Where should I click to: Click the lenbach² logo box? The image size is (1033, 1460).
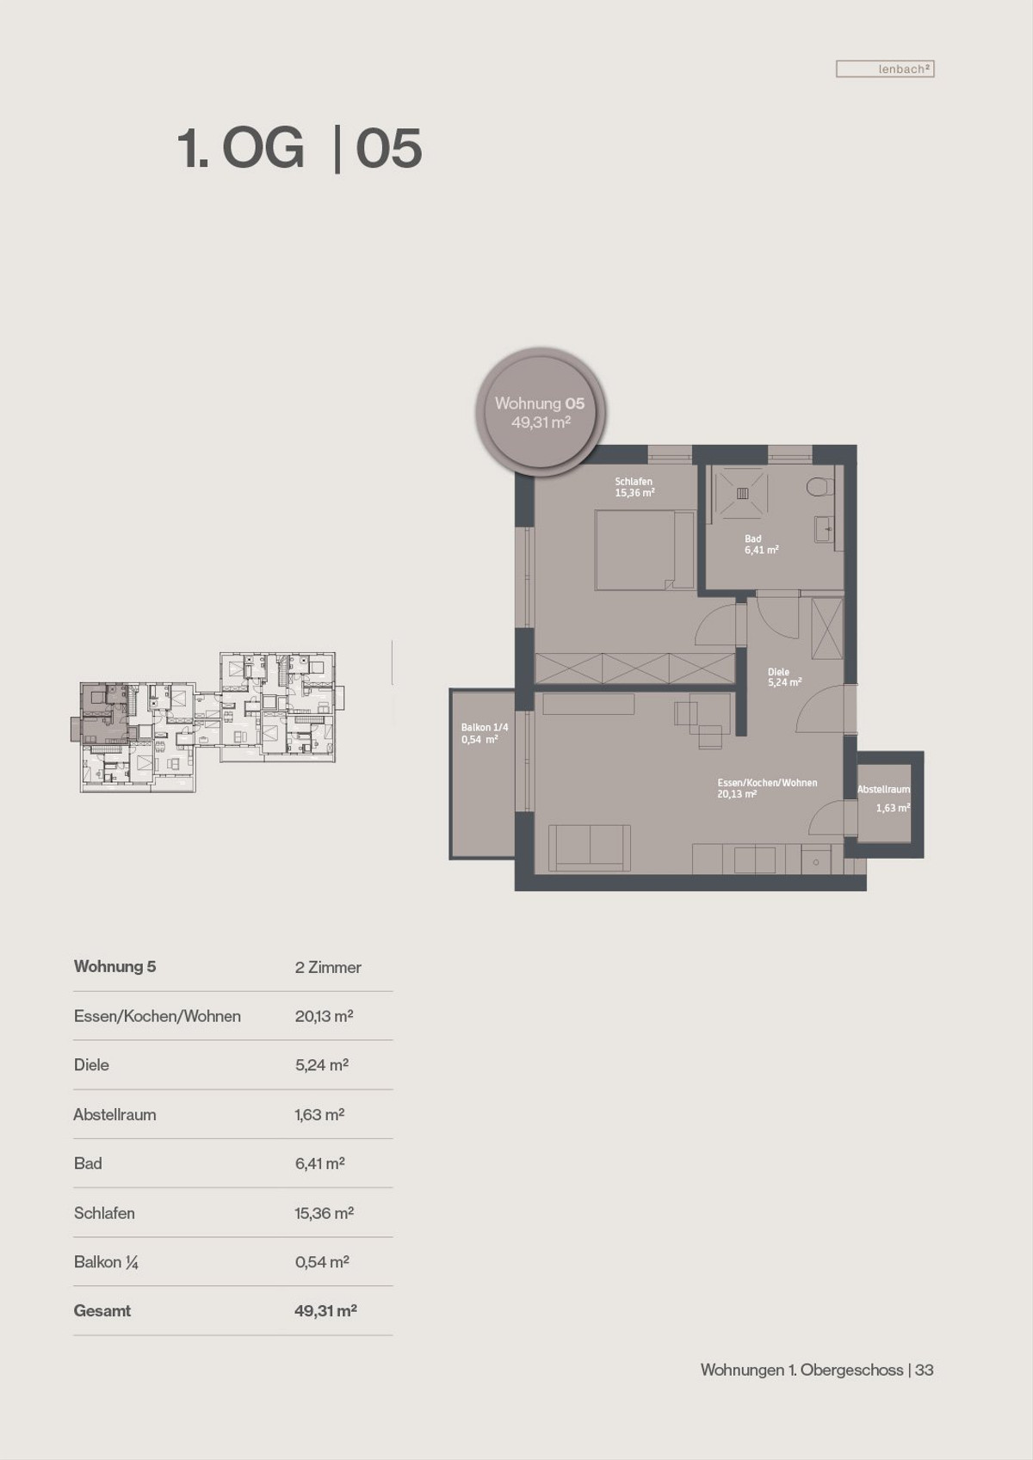(x=885, y=69)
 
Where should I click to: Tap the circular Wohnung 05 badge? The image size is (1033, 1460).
(x=540, y=411)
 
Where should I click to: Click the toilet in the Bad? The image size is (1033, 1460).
(x=820, y=486)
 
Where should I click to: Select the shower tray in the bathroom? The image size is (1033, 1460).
(x=742, y=493)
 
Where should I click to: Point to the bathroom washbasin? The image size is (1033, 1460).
(x=824, y=528)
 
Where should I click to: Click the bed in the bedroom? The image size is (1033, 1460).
(x=644, y=550)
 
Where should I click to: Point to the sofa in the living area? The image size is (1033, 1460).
(x=590, y=847)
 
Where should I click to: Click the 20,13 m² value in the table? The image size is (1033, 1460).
(x=325, y=1015)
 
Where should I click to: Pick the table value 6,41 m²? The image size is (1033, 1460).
(x=319, y=1163)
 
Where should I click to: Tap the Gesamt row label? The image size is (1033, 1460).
(x=102, y=1311)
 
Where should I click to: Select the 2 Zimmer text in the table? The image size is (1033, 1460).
(x=328, y=967)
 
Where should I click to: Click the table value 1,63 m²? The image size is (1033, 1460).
(x=319, y=1114)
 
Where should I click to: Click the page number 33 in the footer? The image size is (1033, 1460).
(x=924, y=1370)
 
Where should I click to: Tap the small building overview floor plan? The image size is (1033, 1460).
(x=207, y=722)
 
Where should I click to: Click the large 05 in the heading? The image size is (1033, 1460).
(x=389, y=149)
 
